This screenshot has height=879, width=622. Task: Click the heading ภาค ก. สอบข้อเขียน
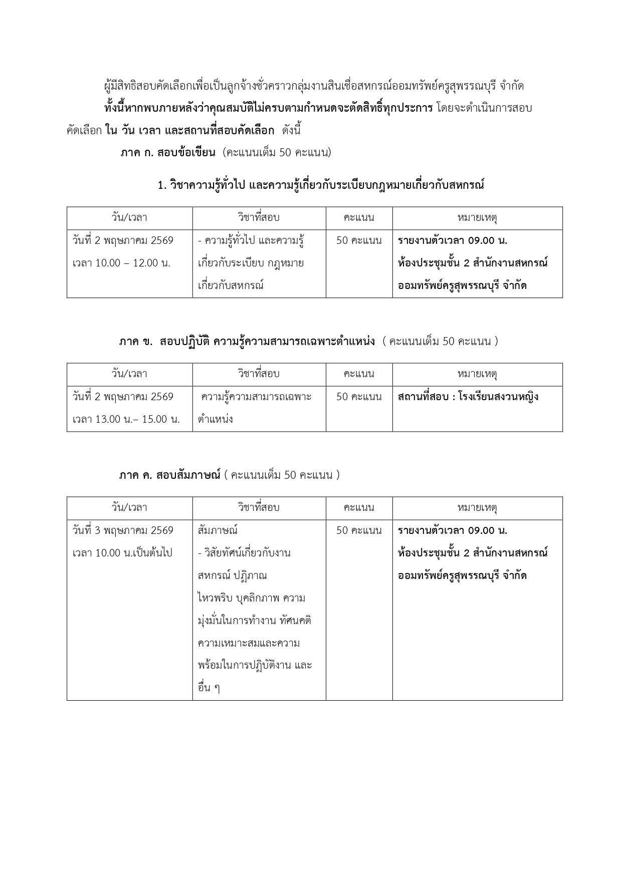click(x=167, y=153)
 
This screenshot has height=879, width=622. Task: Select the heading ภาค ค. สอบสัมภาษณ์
click(x=169, y=475)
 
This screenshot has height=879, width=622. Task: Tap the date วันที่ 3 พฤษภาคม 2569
click(x=123, y=530)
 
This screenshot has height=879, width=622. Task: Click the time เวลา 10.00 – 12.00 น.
click(x=121, y=263)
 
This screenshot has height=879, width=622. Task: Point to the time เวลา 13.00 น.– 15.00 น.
click(x=126, y=419)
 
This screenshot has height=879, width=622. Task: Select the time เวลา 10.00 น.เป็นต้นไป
click(x=122, y=553)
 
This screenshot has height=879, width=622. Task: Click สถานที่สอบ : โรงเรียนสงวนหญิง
click(x=468, y=397)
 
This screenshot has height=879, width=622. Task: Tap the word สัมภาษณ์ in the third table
click(x=218, y=530)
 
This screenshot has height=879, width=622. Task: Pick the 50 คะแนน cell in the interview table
click(x=359, y=530)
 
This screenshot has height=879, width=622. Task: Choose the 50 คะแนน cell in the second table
click(x=359, y=397)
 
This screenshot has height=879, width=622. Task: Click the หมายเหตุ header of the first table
click(x=477, y=218)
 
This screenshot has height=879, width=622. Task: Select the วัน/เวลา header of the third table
click(x=129, y=507)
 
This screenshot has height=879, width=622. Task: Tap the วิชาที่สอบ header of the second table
click(x=259, y=374)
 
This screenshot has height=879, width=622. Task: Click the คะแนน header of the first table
click(x=359, y=218)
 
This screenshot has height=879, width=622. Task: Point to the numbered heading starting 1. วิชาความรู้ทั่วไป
click(x=321, y=185)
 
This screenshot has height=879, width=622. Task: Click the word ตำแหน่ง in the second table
click(x=215, y=419)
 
